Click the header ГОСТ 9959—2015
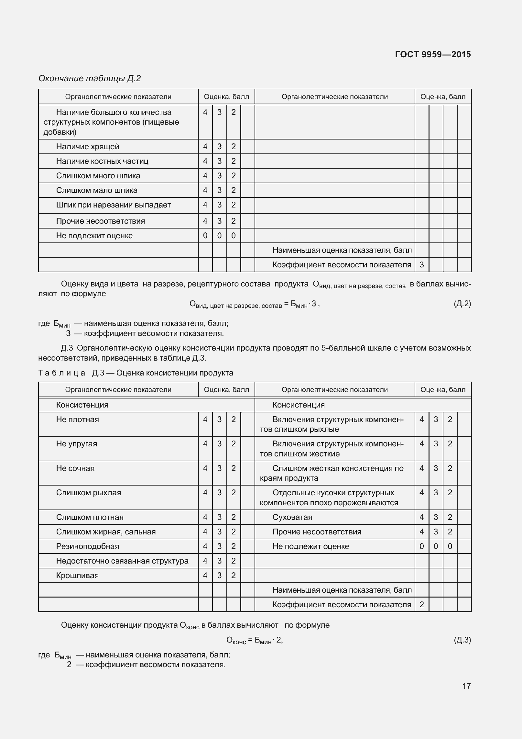[433, 54]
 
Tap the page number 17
[466, 686]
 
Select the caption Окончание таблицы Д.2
[90, 78]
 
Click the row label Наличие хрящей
[88, 147]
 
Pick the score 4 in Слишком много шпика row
[205, 176]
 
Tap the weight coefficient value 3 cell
[421, 265]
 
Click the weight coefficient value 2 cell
[421, 605]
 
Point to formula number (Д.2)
[462, 304]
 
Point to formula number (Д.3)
[462, 640]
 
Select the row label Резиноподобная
[88, 546]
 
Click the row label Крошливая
[77, 576]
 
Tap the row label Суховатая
[292, 517]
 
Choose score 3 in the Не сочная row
[219, 468]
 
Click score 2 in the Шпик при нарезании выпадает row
[234, 205]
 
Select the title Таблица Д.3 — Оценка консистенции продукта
[136, 373]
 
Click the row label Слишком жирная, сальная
[106, 532]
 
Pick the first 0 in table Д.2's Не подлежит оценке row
[205, 236]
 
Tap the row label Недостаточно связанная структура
[122, 561]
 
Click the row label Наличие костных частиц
[102, 161]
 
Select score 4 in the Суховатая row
[421, 517]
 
